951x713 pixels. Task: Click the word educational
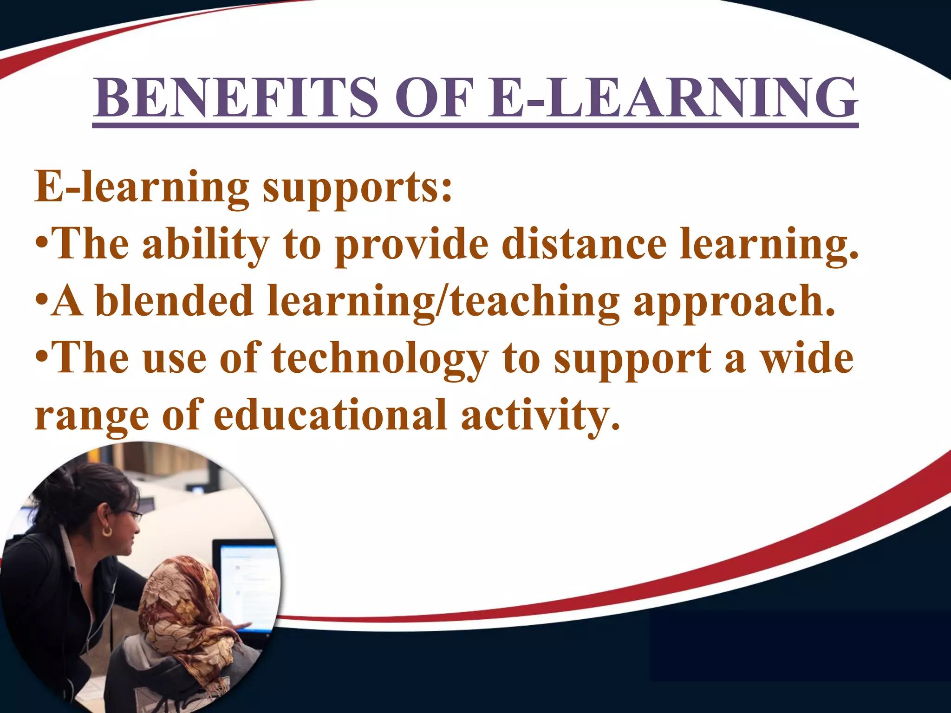tap(330, 415)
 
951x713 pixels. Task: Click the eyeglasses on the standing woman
tap(132, 515)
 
